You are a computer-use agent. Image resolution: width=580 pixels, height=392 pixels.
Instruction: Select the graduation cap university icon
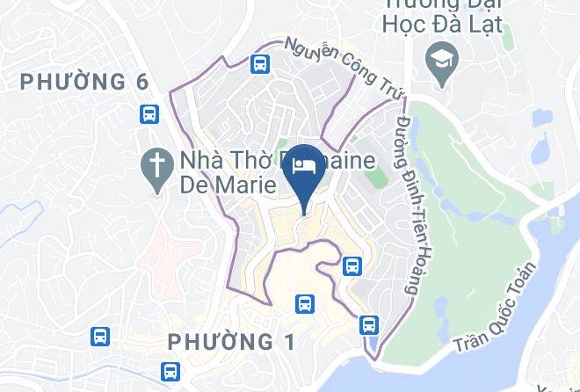coord(437,60)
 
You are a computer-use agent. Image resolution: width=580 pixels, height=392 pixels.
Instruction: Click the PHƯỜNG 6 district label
coord(85,82)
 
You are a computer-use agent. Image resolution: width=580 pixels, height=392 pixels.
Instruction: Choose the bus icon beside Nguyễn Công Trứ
coord(259,64)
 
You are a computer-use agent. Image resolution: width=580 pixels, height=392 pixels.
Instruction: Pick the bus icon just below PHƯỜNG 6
coord(149,113)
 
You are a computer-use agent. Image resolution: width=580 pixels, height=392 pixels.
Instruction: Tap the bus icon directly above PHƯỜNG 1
coord(304,303)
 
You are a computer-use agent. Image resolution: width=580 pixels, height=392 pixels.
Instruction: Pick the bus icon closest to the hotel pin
coord(352,265)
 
